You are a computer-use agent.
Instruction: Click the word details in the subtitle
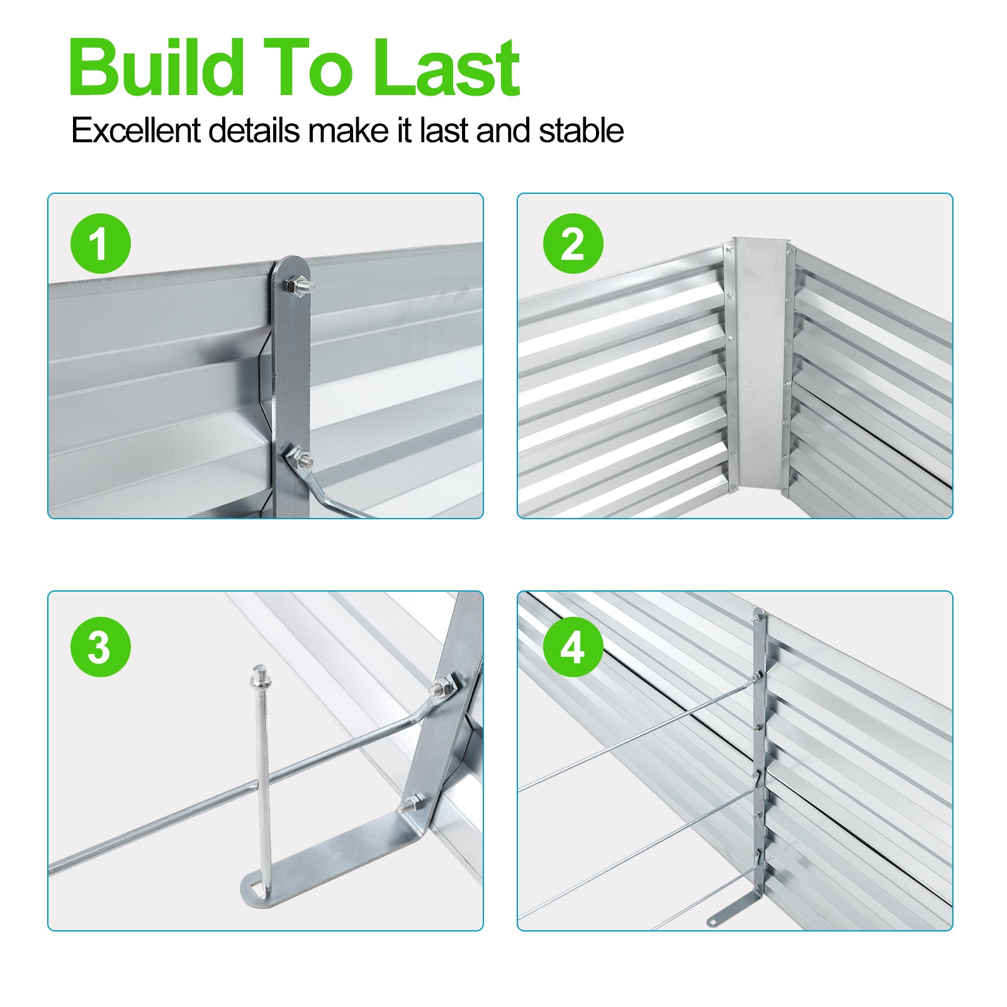tap(254, 131)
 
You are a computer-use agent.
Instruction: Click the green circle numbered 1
tap(101, 244)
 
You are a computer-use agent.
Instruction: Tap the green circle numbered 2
tap(573, 244)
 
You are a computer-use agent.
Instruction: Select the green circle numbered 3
tap(101, 647)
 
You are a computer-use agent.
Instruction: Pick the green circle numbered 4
tap(573, 647)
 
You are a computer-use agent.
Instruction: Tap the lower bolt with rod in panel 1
tap(300, 458)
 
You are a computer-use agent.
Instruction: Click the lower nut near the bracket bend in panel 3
tap(412, 803)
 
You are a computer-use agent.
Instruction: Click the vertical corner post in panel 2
tap(759, 364)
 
